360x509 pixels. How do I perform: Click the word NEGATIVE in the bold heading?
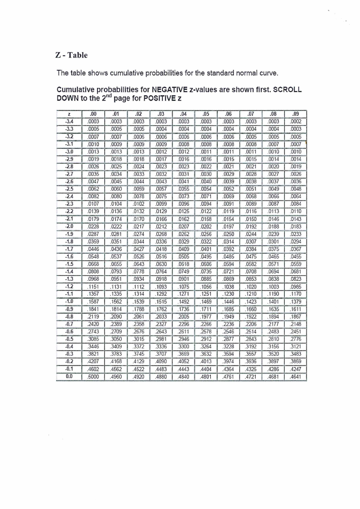pos(170,90)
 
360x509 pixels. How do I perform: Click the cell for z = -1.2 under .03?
pos(161,286)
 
